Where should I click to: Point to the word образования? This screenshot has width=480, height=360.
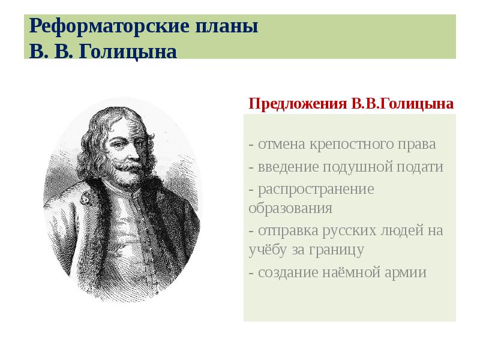290,209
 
